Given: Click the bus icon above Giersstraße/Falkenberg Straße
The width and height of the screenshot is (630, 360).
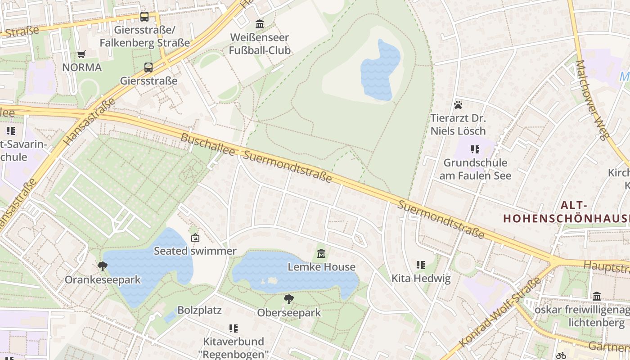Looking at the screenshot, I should [144, 17].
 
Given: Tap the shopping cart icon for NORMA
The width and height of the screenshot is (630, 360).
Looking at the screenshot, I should [81, 54].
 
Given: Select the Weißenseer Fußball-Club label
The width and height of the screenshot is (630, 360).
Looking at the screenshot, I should [260, 44].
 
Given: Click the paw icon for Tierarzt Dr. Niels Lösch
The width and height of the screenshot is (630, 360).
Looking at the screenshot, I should [458, 105].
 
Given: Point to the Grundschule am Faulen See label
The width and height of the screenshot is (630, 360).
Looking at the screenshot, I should [475, 169].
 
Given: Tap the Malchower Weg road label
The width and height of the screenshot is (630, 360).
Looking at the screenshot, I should [593, 100].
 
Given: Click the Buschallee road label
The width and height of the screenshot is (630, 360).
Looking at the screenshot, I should [207, 144].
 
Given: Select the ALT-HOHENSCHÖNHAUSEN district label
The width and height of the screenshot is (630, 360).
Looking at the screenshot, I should [566, 212].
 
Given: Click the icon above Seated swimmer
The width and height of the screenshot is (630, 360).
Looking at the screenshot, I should [195, 238].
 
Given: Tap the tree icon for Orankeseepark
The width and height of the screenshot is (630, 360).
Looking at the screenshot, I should [103, 266].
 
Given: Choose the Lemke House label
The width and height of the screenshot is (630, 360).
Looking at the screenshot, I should [321, 267].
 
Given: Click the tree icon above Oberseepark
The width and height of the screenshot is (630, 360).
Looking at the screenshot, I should [288, 299].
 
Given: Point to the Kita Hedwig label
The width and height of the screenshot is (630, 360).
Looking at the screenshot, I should [421, 278].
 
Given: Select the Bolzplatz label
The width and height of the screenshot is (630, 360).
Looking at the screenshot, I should [199, 310].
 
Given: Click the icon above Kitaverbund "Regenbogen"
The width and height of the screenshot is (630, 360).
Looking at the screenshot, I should [233, 328].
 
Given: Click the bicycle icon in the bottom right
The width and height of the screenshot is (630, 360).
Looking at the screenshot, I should [561, 355].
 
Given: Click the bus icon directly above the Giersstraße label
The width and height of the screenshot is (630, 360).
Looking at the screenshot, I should [148, 67].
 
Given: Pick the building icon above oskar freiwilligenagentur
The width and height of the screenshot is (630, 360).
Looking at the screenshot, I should [597, 296].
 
